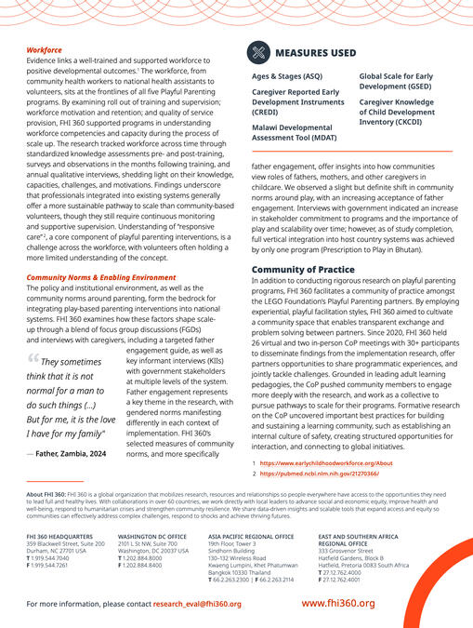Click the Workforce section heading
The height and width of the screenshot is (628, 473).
coord(44,49)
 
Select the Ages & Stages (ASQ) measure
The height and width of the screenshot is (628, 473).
coord(287,77)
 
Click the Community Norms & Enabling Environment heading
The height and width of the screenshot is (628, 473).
coord(100,278)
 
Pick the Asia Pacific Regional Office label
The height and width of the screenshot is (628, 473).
coord(249,537)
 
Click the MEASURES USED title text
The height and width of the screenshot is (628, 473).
coord(319,53)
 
